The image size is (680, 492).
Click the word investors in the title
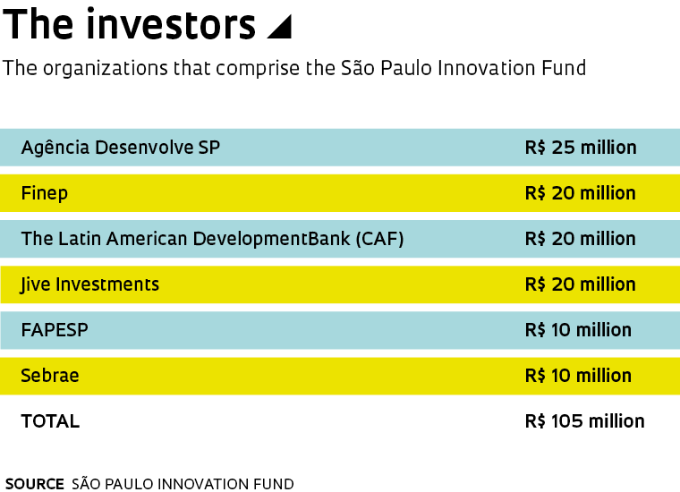171,24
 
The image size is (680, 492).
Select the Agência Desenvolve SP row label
121,148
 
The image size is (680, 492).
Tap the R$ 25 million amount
581,148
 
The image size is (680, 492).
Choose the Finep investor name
44,193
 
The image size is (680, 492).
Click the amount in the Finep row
581,193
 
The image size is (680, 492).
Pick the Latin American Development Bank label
185,239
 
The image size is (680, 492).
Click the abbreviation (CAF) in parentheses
380,239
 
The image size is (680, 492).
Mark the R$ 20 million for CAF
581,239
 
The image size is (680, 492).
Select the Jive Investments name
89,284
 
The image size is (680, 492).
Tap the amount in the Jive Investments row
581,284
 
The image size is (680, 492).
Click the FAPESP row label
55,330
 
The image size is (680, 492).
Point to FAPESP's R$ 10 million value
578,330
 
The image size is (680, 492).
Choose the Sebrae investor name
50,376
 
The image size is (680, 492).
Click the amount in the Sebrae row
578,376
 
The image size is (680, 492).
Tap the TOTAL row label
50,421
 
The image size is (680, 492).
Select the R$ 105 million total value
584,421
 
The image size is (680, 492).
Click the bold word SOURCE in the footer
35,484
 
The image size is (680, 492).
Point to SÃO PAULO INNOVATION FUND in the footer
183,483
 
